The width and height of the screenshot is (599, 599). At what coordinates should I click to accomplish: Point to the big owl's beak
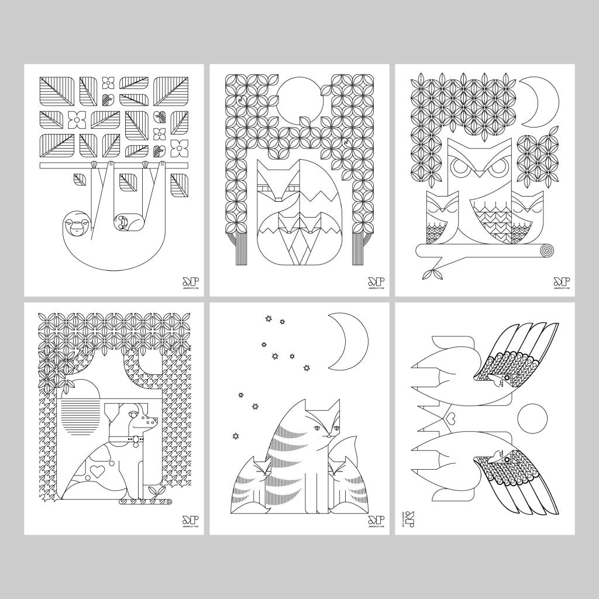tap(480, 171)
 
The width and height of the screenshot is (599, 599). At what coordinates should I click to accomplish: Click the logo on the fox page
tap(376, 284)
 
